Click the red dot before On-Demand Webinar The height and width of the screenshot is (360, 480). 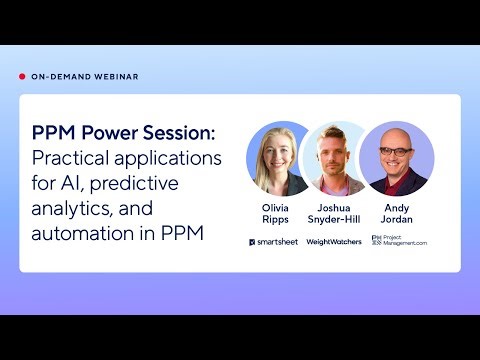tap(22, 77)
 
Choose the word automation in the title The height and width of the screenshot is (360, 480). tap(80, 234)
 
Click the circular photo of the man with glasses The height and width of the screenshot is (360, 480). tap(396, 158)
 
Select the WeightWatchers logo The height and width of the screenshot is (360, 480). tap(334, 242)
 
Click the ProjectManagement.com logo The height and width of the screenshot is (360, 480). tap(398, 242)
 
